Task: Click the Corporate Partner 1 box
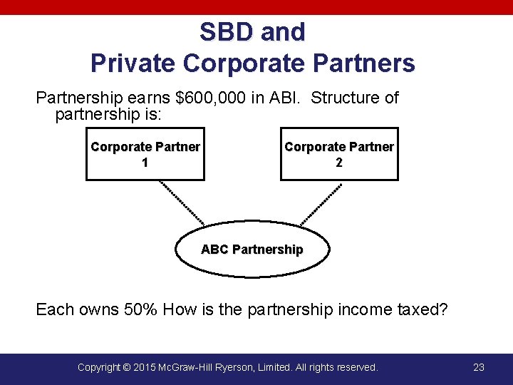point(145,154)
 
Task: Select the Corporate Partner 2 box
point(339,154)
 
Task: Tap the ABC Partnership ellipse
point(252,250)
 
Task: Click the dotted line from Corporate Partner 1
point(182,202)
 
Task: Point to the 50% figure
point(140,309)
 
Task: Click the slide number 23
point(479,367)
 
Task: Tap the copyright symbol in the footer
point(126,367)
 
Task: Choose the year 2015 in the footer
point(145,367)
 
